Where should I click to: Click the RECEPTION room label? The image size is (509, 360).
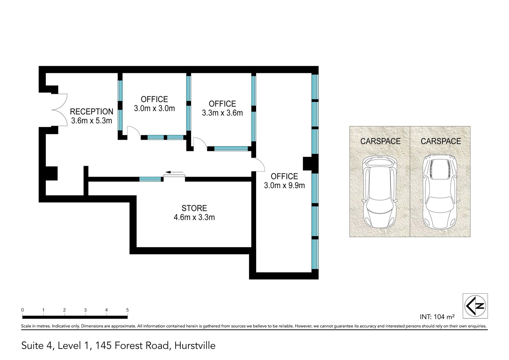(92, 111)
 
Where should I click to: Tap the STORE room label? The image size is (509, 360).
(194, 208)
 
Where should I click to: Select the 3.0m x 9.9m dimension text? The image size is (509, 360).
(284, 185)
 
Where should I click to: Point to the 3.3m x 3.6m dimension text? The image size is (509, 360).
(222, 113)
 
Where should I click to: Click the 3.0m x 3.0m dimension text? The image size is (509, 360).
(154, 108)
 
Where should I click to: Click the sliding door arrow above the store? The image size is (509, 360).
(174, 172)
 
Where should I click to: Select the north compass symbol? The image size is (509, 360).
(475, 306)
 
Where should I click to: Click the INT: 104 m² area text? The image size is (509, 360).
(437, 317)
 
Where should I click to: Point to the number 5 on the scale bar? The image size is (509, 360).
(128, 310)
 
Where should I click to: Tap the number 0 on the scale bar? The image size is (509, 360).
(22, 310)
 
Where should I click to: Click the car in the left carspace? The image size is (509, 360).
(380, 192)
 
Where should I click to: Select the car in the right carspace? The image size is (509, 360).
(440, 192)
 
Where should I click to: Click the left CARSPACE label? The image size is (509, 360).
(380, 141)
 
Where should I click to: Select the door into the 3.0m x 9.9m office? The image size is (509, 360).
(258, 164)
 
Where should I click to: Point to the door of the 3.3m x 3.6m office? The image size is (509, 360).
(200, 144)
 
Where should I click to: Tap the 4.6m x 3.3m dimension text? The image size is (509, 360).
(194, 217)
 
